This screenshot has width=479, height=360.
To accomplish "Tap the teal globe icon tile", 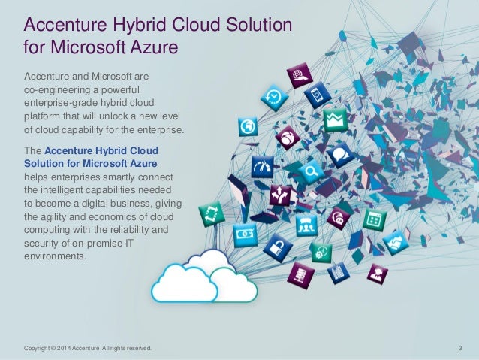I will pos(247,126).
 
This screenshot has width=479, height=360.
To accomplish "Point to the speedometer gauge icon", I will pos(263,166).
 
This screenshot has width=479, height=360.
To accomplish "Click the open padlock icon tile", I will pos(276,246).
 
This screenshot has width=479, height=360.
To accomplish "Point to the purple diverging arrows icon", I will pos(282,195).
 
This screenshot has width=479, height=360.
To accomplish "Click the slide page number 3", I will pos(459,348).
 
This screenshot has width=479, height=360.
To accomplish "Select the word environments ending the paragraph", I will pos(56,255).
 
